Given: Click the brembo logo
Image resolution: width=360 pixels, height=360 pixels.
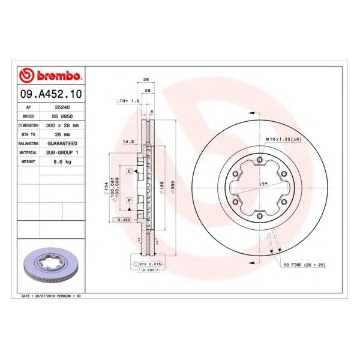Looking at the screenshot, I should (x=50, y=75).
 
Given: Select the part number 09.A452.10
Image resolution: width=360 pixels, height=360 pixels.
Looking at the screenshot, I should (x=50, y=95).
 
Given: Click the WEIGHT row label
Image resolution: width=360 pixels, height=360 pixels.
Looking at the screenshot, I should (x=29, y=162).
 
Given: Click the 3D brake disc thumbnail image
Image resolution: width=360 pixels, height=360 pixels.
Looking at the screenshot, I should (x=50, y=264).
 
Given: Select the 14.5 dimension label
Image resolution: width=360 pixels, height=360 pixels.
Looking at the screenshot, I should (x=128, y=142).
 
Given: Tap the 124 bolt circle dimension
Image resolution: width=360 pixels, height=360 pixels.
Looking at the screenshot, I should (x=262, y=184).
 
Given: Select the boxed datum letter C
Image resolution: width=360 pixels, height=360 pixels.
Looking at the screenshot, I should (x=129, y=172).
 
